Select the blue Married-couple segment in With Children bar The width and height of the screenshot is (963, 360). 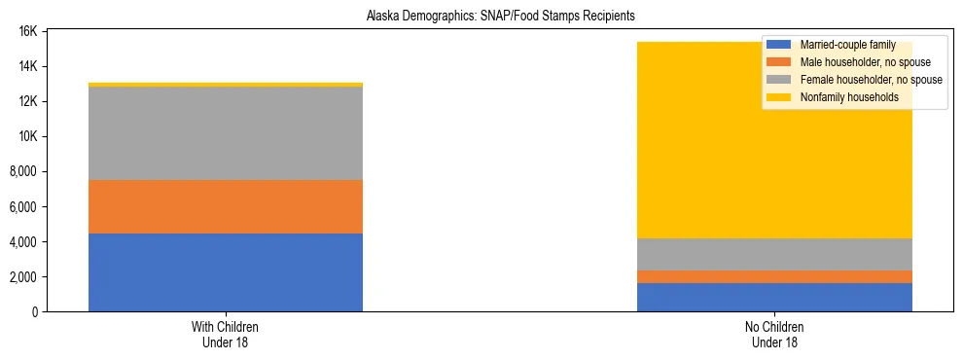click(225, 272)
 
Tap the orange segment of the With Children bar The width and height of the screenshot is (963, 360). click(225, 206)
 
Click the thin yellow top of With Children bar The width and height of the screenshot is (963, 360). click(225, 85)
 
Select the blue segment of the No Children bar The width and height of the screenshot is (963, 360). click(774, 297)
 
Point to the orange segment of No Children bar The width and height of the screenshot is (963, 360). click(774, 276)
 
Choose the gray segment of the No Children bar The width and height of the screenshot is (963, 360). click(774, 254)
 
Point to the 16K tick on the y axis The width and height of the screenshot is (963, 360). click(27, 31)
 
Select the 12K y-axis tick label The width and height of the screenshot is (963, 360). click(27, 101)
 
